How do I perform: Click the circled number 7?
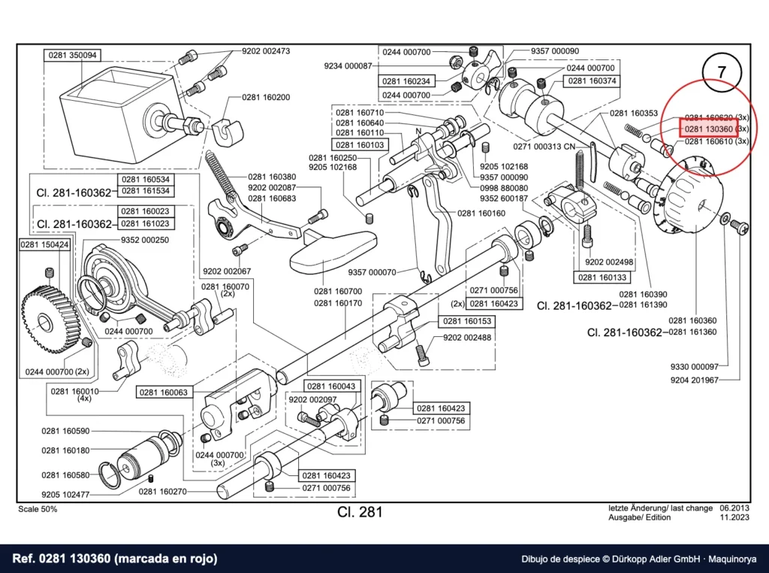(721, 72)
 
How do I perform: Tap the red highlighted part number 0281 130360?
(708, 129)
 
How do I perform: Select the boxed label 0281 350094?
(73, 55)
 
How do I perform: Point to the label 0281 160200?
(266, 97)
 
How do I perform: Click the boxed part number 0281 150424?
(44, 244)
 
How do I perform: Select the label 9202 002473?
(266, 51)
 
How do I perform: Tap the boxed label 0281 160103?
(360, 145)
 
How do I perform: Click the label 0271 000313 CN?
(544, 147)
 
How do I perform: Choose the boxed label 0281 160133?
(602, 277)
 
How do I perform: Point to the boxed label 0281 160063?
(163, 393)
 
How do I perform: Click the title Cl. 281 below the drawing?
(360, 512)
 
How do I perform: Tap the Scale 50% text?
(38, 509)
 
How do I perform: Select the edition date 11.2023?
(734, 517)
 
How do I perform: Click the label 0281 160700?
(338, 292)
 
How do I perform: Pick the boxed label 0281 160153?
(467, 321)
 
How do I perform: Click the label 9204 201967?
(695, 380)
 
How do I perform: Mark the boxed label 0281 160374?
(592, 81)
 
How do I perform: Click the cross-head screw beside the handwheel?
(739, 226)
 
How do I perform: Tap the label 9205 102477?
(65, 495)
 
